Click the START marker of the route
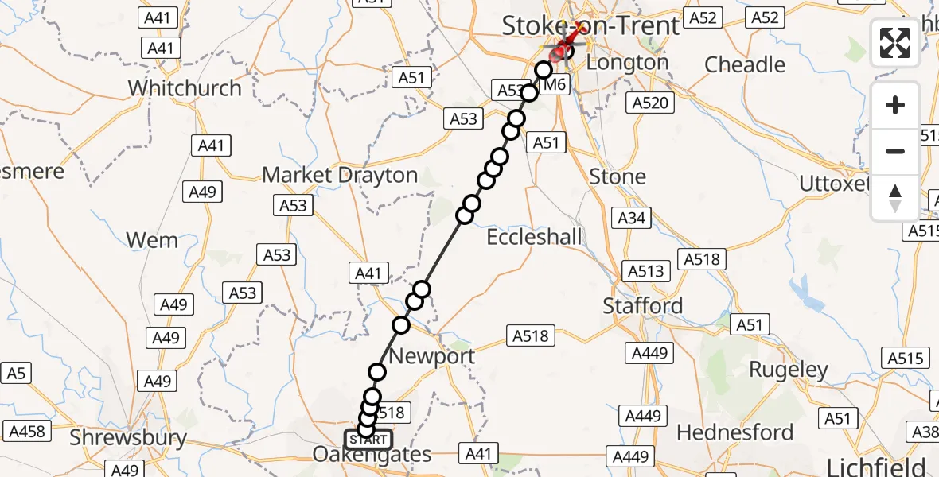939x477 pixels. click(x=368, y=439)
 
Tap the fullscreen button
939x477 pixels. click(x=895, y=43)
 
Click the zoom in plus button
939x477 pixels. click(x=895, y=105)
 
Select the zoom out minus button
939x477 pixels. click(x=895, y=151)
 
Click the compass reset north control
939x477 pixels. click(x=895, y=198)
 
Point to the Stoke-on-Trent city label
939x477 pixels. click(x=590, y=25)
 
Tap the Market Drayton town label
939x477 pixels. click(x=340, y=175)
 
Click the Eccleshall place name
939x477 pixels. click(x=535, y=237)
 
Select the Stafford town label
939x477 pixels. click(x=643, y=305)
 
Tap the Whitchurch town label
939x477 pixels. click(x=185, y=87)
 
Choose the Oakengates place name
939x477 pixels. click(x=372, y=456)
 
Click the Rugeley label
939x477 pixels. click(x=789, y=370)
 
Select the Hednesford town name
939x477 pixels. click(x=735, y=432)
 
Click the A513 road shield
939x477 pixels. click(x=645, y=271)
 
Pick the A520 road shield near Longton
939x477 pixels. click(x=650, y=102)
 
